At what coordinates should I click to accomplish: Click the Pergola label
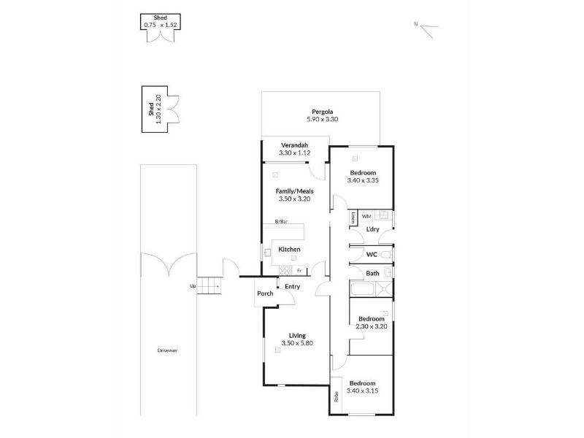322,112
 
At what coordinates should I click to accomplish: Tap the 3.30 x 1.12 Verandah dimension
295,153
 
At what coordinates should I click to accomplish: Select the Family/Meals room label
295,191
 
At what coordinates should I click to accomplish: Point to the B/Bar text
281,222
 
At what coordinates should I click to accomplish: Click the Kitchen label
289,250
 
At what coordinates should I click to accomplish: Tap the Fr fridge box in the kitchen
299,271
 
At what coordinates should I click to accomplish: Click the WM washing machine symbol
366,216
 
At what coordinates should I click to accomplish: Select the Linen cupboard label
353,218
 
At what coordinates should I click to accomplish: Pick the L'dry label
372,229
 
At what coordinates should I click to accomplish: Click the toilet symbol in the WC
387,255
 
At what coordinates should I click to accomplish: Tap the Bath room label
372,273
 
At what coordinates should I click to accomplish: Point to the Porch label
265,293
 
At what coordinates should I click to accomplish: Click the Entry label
293,286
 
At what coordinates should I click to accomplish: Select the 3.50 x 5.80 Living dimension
297,343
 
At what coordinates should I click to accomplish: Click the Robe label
337,396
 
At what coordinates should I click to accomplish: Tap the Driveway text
167,350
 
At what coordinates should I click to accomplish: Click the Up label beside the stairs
193,286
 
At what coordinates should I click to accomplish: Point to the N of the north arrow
415,24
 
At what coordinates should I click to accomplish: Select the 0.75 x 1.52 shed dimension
161,25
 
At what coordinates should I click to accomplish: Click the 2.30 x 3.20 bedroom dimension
372,326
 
